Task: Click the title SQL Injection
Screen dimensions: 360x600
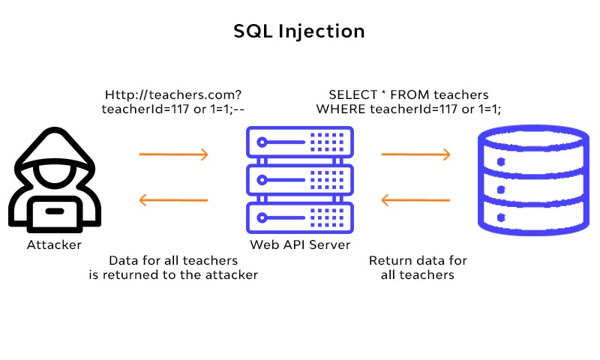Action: click(299, 31)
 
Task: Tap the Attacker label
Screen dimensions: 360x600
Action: click(54, 244)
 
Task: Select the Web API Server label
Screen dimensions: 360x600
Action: click(299, 244)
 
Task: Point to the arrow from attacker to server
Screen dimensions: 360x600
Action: click(173, 155)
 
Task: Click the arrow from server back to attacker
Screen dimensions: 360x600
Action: click(173, 200)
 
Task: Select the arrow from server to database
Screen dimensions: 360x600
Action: click(415, 155)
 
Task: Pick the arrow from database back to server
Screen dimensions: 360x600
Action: click(415, 200)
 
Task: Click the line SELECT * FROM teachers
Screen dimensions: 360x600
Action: click(409, 95)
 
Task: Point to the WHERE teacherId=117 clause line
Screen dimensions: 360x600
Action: click(409, 109)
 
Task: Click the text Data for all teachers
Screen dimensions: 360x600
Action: click(173, 261)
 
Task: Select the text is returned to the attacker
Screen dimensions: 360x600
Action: click(173, 275)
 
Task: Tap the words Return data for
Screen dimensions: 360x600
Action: click(418, 261)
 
